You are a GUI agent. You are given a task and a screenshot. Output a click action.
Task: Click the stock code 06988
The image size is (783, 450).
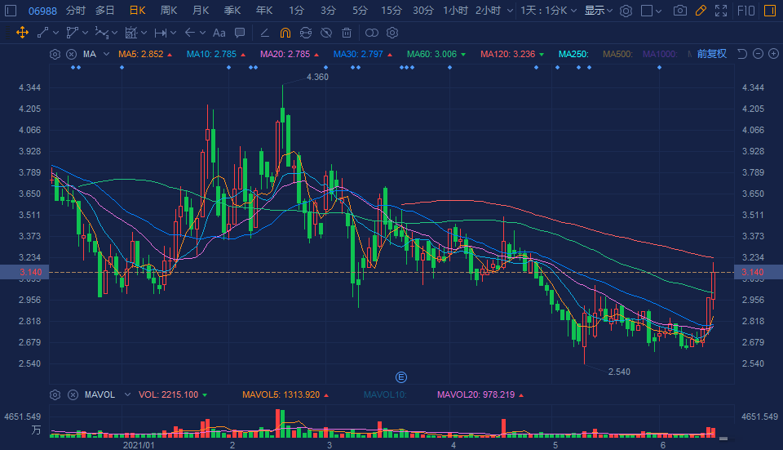pos(42,11)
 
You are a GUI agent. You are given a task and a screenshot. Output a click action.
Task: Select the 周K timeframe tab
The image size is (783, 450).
pos(169,11)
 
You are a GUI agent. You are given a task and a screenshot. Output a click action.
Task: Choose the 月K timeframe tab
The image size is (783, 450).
pos(201,11)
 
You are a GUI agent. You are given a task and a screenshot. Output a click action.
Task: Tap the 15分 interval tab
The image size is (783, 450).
pos(391,11)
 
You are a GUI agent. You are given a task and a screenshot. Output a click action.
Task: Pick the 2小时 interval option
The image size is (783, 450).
pos(488,11)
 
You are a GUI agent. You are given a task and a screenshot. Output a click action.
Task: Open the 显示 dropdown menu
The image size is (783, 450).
pos(598,11)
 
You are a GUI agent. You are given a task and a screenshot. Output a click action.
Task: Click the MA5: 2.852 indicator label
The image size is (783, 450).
pos(141,54)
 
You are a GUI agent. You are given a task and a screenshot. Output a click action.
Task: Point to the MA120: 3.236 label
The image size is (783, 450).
pos(507,54)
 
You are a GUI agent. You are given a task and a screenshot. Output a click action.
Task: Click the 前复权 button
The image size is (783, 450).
pos(711,54)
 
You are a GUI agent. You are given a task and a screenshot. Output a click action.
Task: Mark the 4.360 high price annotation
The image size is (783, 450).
pos(317,77)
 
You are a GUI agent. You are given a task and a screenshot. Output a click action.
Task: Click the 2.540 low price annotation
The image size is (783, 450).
pos(619,372)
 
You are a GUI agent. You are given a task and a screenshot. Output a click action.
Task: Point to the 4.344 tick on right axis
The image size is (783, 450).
pos(752,87)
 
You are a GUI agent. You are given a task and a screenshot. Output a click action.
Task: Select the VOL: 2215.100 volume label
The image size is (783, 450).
pos(168,394)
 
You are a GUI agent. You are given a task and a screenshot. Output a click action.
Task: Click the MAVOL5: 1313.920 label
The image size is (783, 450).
pos(282,394)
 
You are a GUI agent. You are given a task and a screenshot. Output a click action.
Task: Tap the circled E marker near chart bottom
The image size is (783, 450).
pos(400,376)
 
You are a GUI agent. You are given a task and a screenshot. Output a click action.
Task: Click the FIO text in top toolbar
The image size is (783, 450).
pos(745,11)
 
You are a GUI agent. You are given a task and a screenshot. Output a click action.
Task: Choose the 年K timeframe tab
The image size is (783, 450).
pos(264,11)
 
